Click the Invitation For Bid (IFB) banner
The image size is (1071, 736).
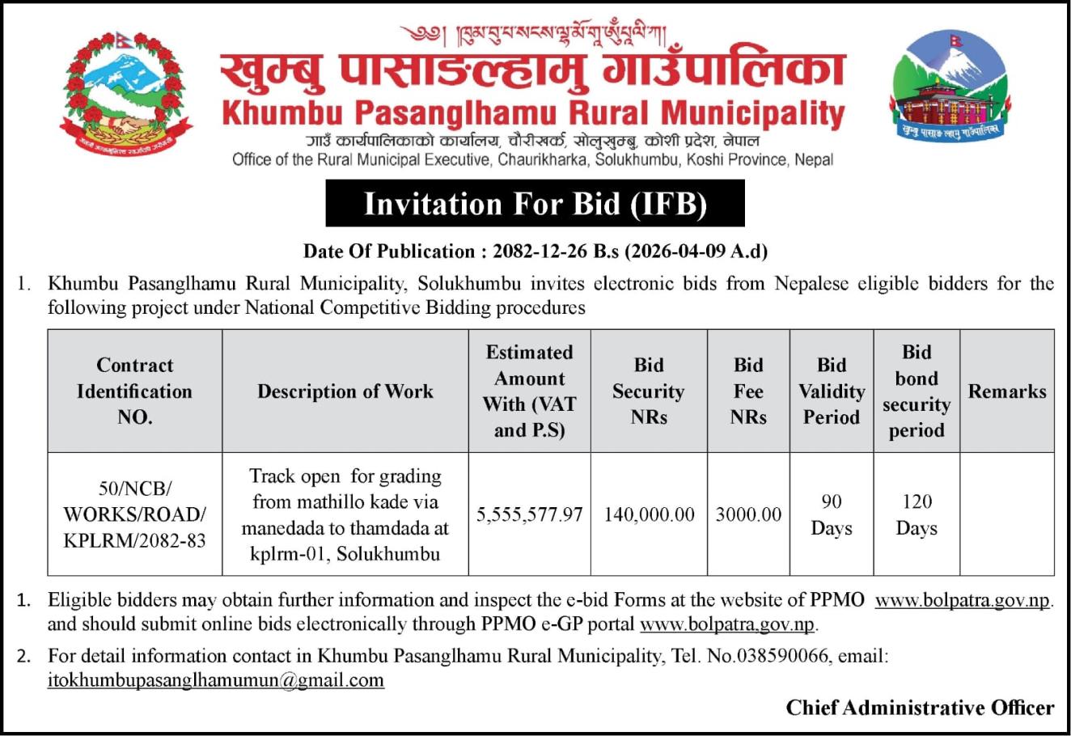[535, 204]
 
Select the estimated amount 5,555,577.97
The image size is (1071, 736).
[530, 514]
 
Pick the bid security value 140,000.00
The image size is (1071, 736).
[649, 514]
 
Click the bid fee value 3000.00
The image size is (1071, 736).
[748, 514]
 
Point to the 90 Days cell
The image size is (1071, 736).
[832, 514]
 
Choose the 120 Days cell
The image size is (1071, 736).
[916, 514]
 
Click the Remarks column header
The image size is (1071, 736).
[1007, 391]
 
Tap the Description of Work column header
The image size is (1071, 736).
[345, 391]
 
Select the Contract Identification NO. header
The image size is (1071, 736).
[135, 391]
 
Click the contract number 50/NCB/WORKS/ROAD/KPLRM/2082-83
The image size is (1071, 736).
[135, 514]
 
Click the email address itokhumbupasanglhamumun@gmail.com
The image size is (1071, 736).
[216, 680]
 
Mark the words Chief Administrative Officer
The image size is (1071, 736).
[920, 708]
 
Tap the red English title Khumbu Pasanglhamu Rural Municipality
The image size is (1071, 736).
[533, 112]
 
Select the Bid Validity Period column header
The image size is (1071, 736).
[832, 391]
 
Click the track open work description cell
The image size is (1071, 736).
[345, 514]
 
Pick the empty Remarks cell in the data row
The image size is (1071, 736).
[1007, 514]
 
